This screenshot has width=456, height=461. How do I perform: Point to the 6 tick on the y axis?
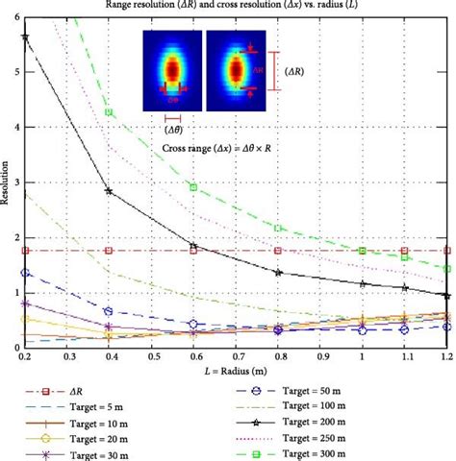15,18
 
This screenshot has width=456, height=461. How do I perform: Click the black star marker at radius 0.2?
25,36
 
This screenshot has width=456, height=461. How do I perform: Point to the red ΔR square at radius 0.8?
278,250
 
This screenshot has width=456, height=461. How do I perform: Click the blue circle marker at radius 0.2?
25,273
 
